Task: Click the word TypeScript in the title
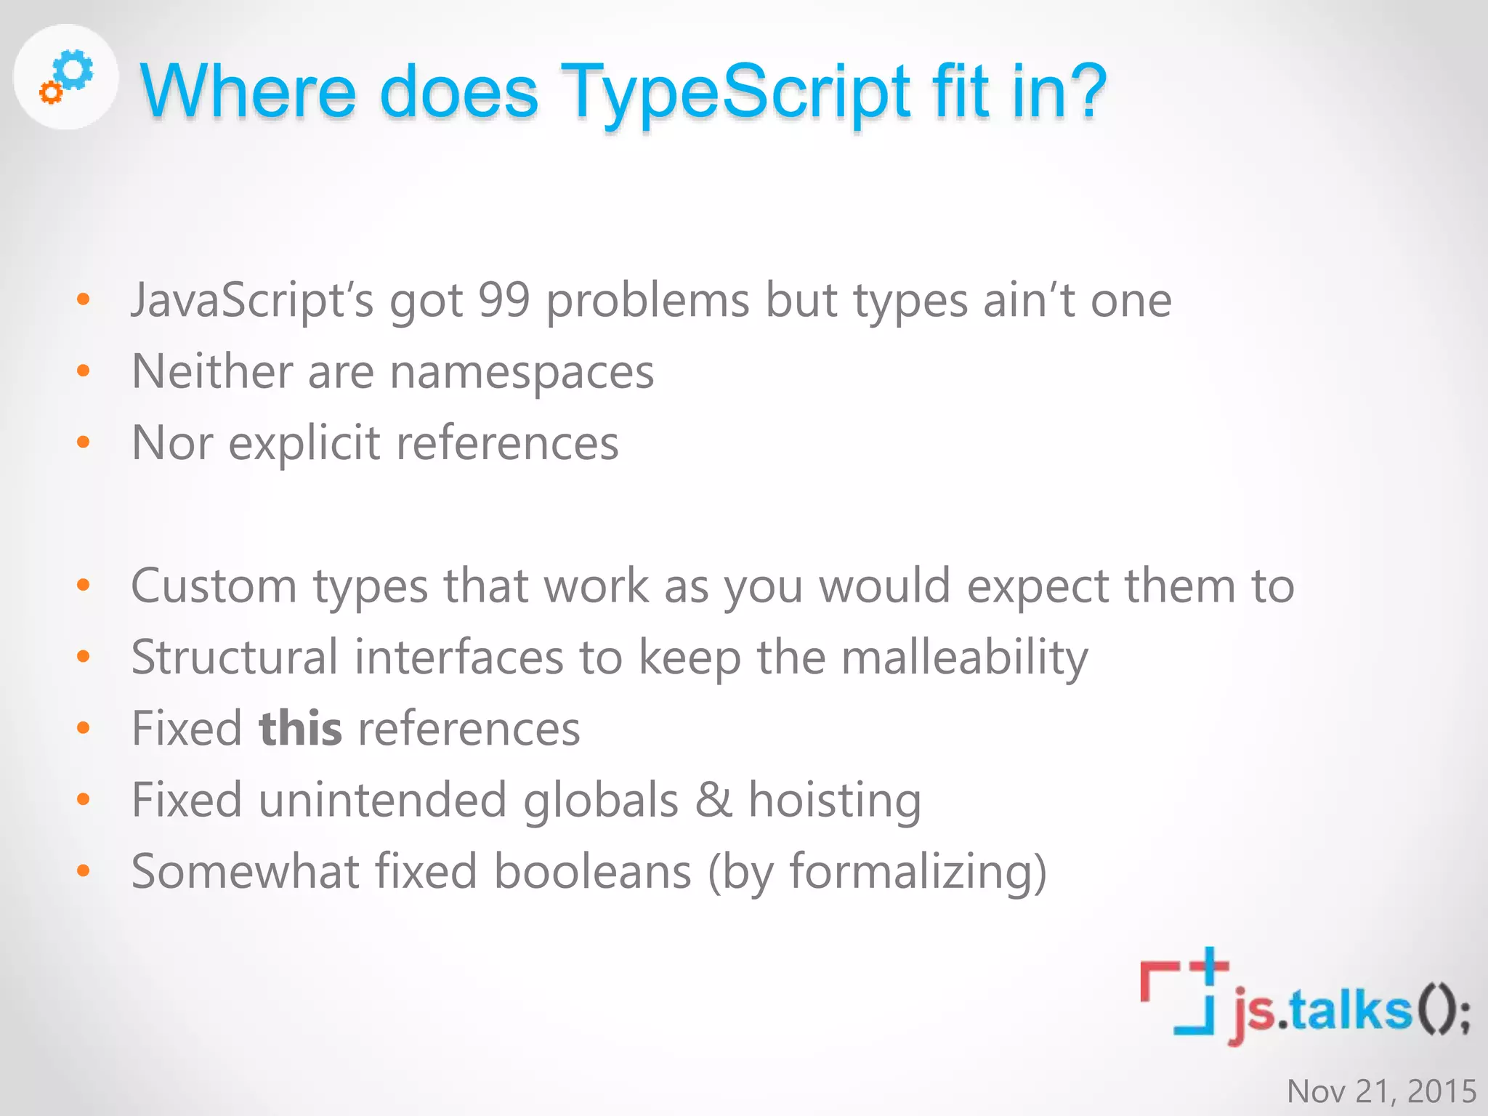click(735, 93)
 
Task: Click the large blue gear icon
click(75, 70)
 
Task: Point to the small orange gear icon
click(51, 92)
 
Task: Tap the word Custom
click(214, 586)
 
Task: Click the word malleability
click(964, 658)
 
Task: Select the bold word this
click(300, 728)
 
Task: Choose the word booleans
click(592, 871)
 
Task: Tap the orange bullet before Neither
click(84, 371)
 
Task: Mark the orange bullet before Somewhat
click(84, 870)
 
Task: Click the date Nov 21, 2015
click(1381, 1091)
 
